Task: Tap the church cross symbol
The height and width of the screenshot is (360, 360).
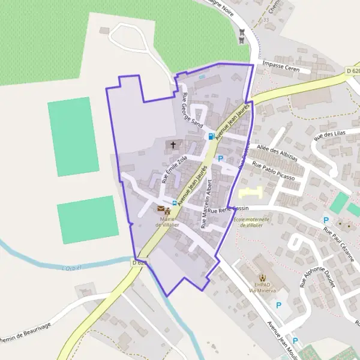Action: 174,145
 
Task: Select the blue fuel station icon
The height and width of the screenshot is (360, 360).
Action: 211,136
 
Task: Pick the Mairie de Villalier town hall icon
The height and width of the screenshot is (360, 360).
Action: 168,211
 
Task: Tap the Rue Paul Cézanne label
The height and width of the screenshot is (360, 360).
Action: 340,246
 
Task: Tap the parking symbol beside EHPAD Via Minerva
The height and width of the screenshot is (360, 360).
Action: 278,305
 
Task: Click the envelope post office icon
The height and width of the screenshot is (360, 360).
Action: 160,209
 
